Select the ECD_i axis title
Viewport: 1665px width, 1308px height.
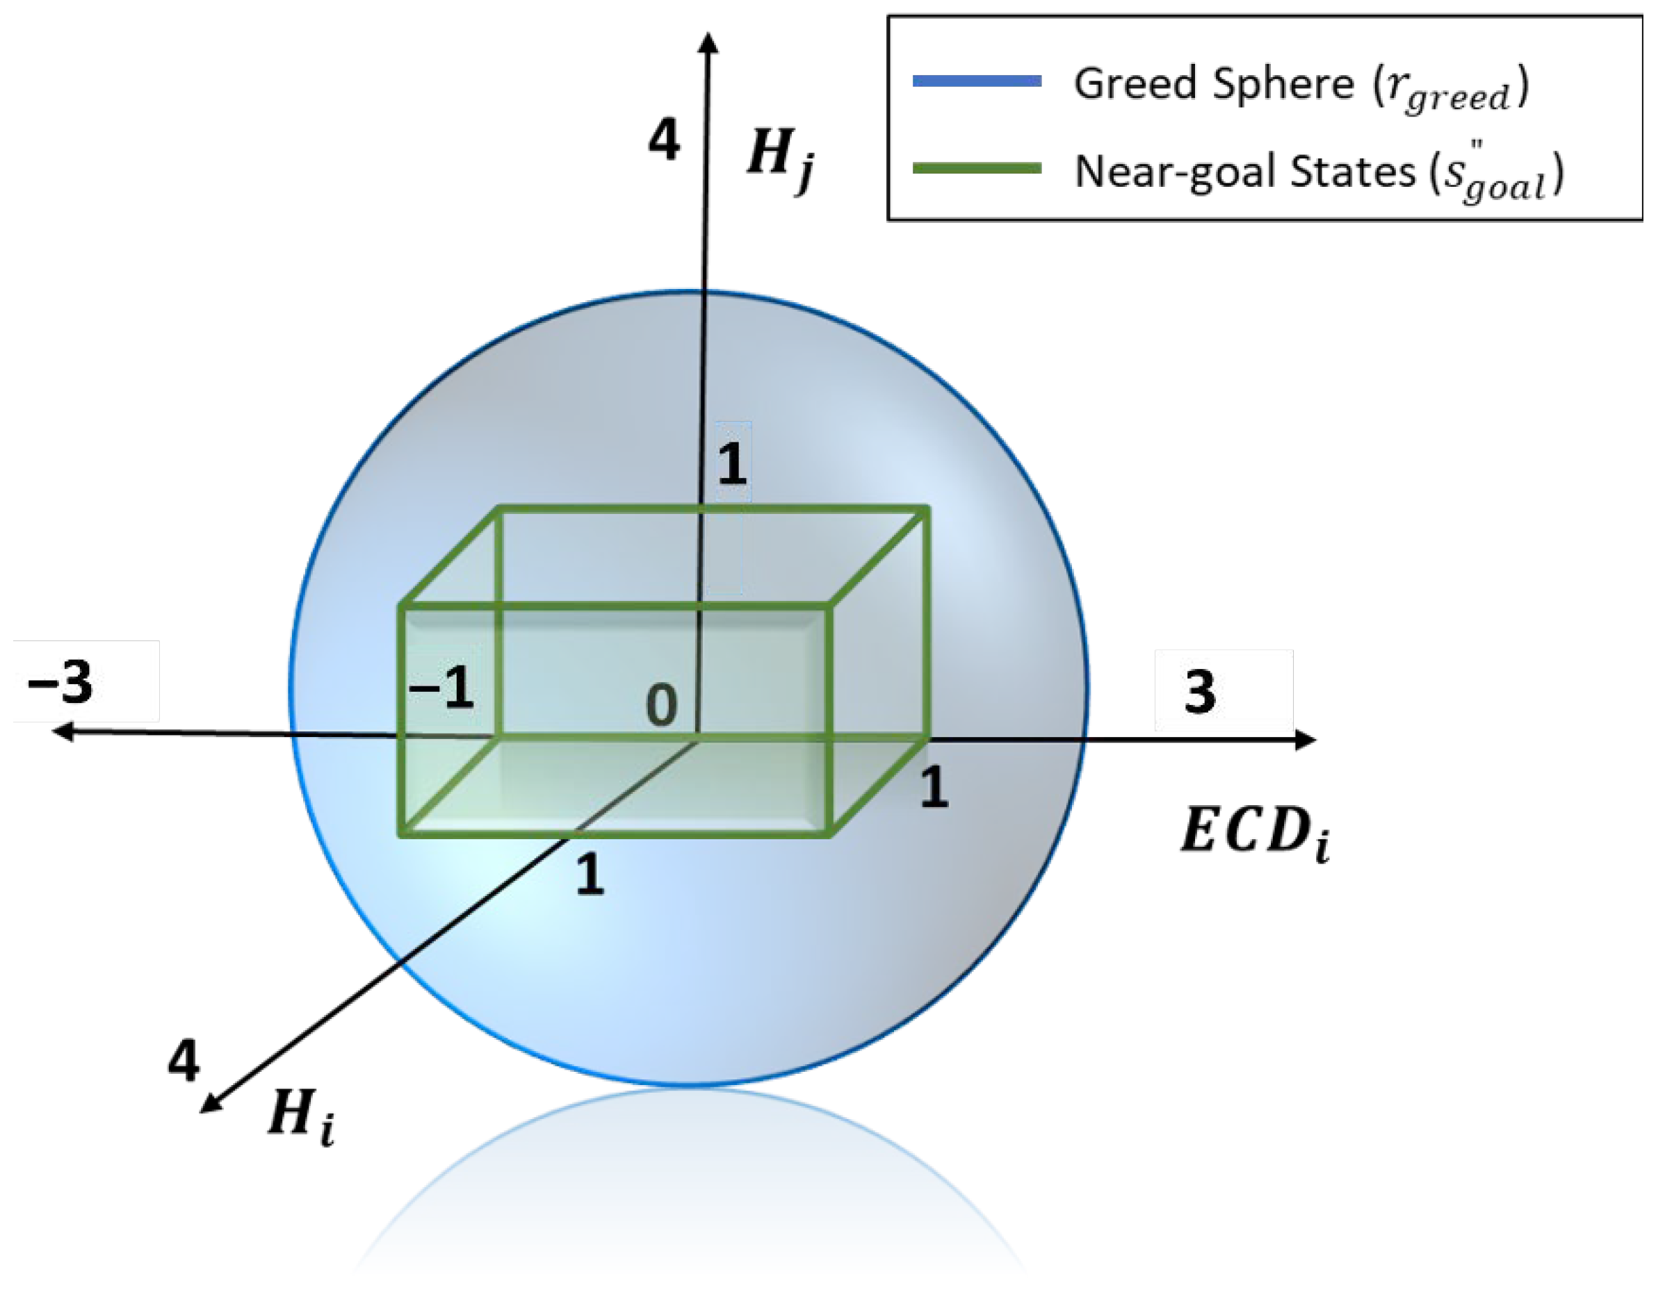1253,834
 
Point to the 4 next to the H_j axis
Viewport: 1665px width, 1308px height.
663,140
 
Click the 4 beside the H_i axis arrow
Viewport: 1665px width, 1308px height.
184,1061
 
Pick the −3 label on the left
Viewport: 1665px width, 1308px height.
60,681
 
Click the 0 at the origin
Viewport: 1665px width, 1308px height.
661,704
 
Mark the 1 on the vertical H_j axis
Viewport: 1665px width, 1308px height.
732,463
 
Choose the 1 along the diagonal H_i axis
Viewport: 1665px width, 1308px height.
590,875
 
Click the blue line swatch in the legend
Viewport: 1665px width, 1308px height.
977,81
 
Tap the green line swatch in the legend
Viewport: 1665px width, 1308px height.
977,169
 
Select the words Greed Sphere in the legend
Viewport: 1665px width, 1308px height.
1213,83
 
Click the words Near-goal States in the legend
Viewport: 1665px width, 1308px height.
1244,171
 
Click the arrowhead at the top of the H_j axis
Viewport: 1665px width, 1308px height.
709,42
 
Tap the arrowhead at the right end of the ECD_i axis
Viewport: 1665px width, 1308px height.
1306,740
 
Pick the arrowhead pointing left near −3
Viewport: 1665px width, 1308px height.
61,731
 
